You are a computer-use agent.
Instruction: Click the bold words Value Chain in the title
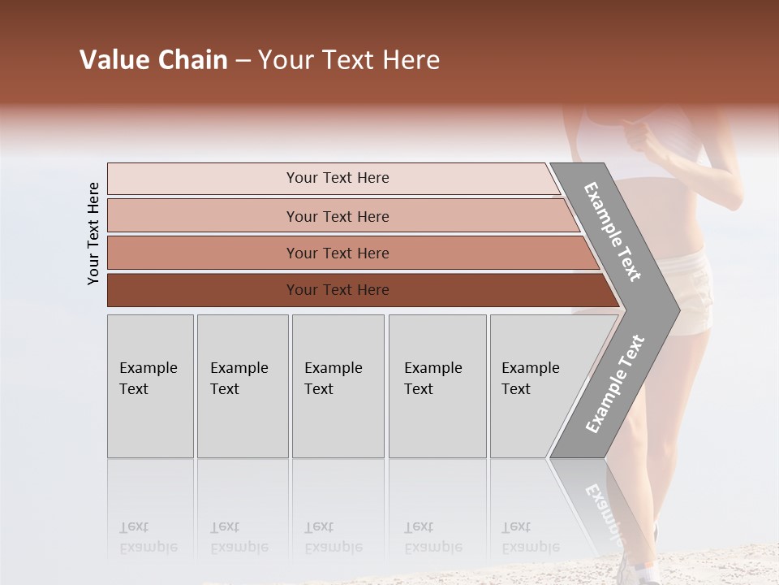(153, 60)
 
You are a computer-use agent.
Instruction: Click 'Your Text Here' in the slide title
(349, 60)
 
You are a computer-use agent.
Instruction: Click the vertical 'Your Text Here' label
(93, 233)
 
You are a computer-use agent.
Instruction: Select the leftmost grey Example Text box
(150, 385)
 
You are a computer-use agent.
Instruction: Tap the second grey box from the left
(242, 385)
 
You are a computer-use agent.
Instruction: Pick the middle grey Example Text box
(338, 385)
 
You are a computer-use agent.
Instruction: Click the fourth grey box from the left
(437, 385)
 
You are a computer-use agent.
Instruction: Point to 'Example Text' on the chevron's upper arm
(613, 232)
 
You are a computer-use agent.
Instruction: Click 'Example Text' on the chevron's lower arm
(615, 384)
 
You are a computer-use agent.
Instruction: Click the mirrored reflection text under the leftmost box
(148, 538)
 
